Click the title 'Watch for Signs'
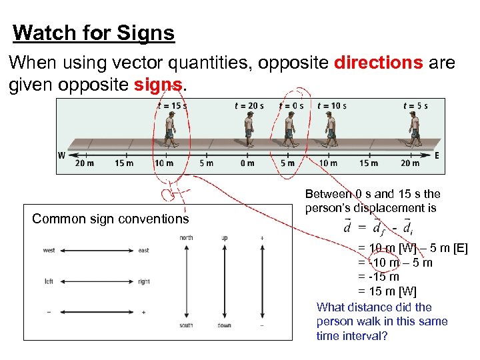(x=93, y=33)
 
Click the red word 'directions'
(x=378, y=63)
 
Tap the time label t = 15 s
(x=172, y=105)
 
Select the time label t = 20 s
(x=249, y=105)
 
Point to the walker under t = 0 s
(x=290, y=129)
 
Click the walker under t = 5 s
(x=415, y=129)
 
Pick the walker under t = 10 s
(x=331, y=129)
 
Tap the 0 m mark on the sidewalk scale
(x=247, y=163)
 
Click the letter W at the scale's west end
(x=61, y=156)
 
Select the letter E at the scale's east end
(x=437, y=156)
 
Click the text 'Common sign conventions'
(x=111, y=219)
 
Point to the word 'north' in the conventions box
(x=186, y=238)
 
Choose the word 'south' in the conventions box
(x=186, y=325)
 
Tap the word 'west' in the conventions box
(x=49, y=251)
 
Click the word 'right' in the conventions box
(x=145, y=281)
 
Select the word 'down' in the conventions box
(x=224, y=325)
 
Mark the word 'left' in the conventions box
(x=49, y=281)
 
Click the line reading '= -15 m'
(x=379, y=277)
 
